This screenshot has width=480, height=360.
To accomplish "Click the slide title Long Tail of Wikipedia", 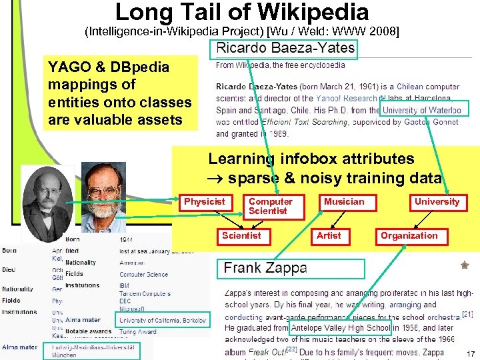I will (241, 12).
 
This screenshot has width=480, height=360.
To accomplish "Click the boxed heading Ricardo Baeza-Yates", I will (285, 49).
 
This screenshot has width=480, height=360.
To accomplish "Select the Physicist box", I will (205, 202).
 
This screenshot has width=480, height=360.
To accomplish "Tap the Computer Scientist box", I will (270, 206).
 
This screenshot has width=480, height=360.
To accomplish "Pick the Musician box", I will (344, 202).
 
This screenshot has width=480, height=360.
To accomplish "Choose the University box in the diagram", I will (437, 202).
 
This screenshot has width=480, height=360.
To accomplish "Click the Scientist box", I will (241, 235).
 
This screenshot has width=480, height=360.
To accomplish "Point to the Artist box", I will (329, 235).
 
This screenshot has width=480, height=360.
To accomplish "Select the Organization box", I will (409, 235).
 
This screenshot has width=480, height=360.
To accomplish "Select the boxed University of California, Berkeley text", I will (163, 321).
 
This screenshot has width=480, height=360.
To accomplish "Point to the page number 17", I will (471, 353).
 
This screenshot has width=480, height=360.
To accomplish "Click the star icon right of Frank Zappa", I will (465, 265).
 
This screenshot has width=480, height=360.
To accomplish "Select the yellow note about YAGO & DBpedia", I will (120, 93).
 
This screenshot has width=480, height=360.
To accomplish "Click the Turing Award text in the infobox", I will (138, 332).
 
